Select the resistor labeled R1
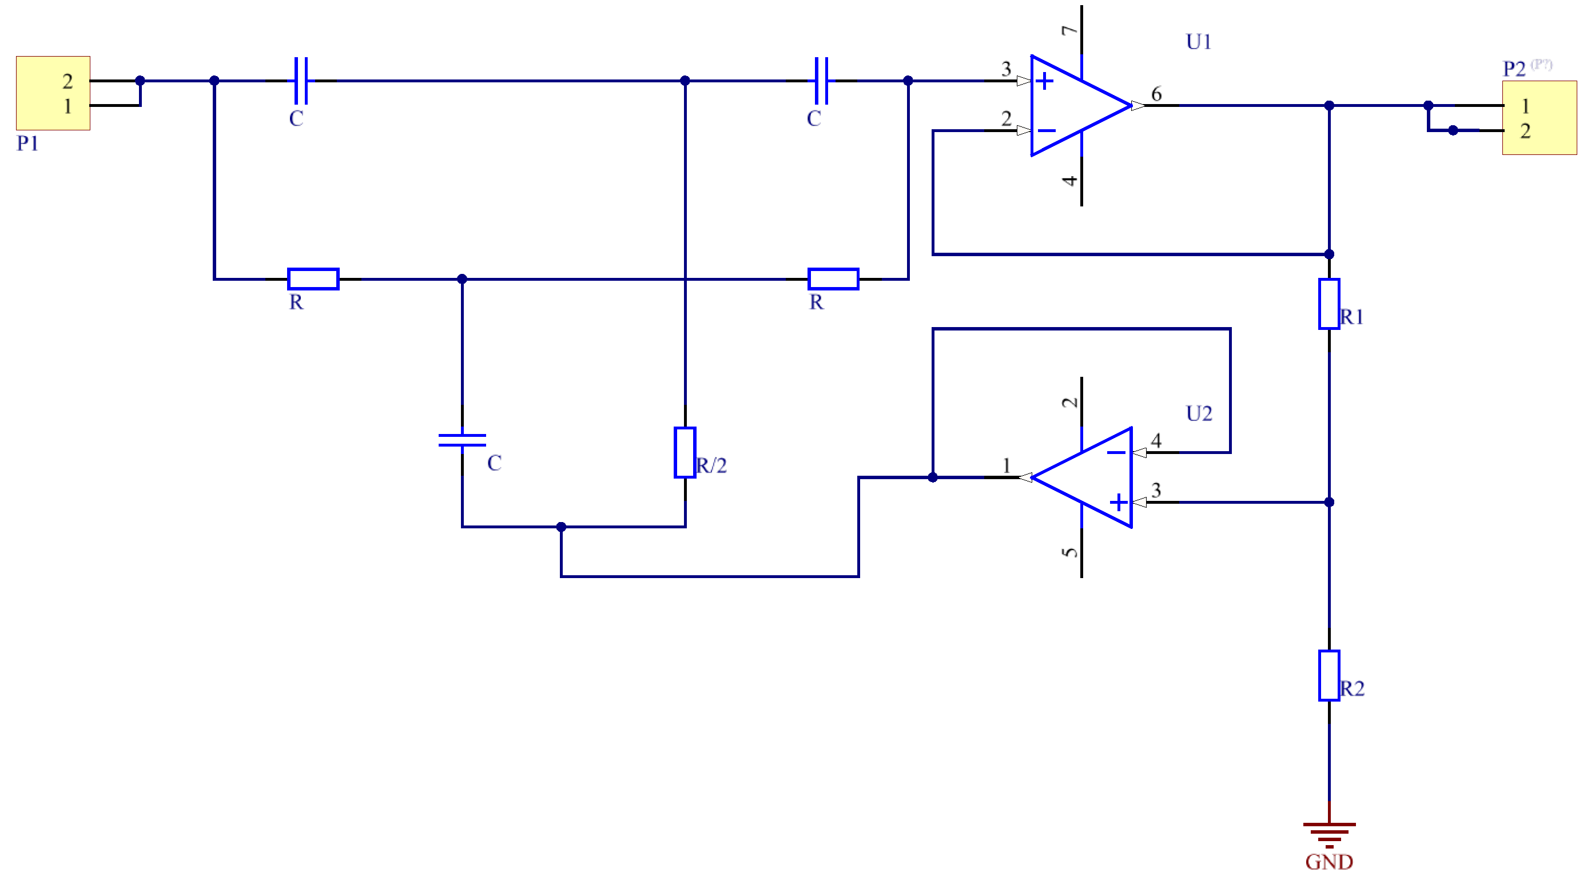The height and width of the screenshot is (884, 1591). (1329, 304)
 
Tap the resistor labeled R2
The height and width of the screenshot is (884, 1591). (1329, 675)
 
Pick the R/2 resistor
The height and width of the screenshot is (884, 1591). (685, 452)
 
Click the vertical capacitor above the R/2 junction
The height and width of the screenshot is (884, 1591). (462, 440)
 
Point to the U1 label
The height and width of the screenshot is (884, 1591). (1198, 42)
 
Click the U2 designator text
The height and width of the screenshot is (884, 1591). (1199, 413)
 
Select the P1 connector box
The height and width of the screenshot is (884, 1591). (53, 93)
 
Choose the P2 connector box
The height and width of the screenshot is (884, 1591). (1539, 118)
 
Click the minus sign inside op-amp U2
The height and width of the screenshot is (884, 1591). (1116, 453)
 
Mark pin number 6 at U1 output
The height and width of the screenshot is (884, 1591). (1156, 94)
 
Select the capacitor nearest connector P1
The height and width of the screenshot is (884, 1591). (301, 81)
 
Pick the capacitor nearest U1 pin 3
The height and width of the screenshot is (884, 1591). (821, 81)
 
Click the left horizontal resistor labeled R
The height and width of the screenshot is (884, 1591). (313, 279)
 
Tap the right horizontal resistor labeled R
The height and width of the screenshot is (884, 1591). (833, 279)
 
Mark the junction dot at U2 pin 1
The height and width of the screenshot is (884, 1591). (933, 477)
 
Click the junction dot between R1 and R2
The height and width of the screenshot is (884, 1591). (1329, 503)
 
